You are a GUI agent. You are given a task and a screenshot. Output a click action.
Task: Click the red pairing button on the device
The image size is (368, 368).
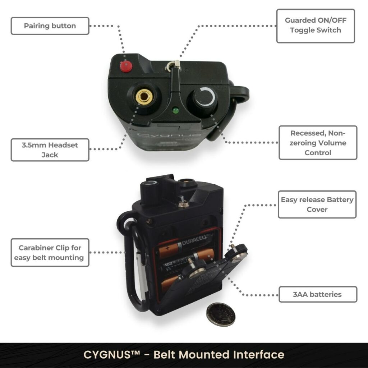click(125, 66)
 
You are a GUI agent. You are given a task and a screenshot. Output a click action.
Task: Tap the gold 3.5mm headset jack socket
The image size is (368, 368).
click(144, 97)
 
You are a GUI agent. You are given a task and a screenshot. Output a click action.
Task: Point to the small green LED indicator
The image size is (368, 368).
click(176, 110)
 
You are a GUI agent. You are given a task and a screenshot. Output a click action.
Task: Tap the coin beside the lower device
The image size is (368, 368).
click(220, 314)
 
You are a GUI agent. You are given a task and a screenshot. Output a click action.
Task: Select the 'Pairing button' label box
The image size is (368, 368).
click(50, 26)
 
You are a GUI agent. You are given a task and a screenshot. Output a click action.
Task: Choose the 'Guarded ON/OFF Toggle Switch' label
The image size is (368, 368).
click(316, 26)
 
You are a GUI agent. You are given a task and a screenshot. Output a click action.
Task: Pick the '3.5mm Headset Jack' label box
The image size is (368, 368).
click(50, 150)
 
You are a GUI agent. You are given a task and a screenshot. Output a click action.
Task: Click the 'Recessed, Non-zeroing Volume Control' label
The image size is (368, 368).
click(318, 143)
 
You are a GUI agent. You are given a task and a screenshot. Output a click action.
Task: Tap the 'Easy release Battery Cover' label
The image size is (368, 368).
click(317, 204)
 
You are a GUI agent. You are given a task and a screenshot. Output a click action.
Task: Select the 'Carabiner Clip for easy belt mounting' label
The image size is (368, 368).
click(50, 253)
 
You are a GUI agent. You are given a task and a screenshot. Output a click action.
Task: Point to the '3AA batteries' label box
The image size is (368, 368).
click(318, 295)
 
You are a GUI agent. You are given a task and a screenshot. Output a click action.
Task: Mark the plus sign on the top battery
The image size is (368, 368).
click(167, 248)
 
